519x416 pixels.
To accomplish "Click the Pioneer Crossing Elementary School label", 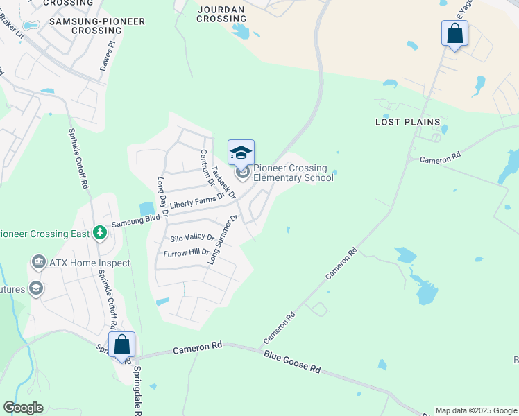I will pyautogui.click(x=293, y=173).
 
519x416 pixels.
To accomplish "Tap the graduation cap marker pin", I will pyautogui.click(x=241, y=153).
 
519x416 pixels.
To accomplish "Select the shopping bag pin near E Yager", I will pyautogui.click(x=454, y=33).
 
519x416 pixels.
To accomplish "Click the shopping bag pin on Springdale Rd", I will pyautogui.click(x=121, y=345).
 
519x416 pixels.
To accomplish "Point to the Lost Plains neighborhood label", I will pyautogui.click(x=408, y=122).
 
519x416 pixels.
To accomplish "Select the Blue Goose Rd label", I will pyautogui.click(x=291, y=361).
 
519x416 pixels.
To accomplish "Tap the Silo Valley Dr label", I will pyautogui.click(x=192, y=238).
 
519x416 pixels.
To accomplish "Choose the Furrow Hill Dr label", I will pyautogui.click(x=186, y=252).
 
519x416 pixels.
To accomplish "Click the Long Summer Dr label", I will pyautogui.click(x=223, y=240).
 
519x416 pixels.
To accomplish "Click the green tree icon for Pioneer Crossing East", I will pyautogui.click(x=101, y=232).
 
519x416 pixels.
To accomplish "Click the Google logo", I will pyautogui.click(x=23, y=408).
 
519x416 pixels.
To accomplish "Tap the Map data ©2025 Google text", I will pyautogui.click(x=475, y=410).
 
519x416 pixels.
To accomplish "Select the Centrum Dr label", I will pyautogui.click(x=207, y=168).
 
